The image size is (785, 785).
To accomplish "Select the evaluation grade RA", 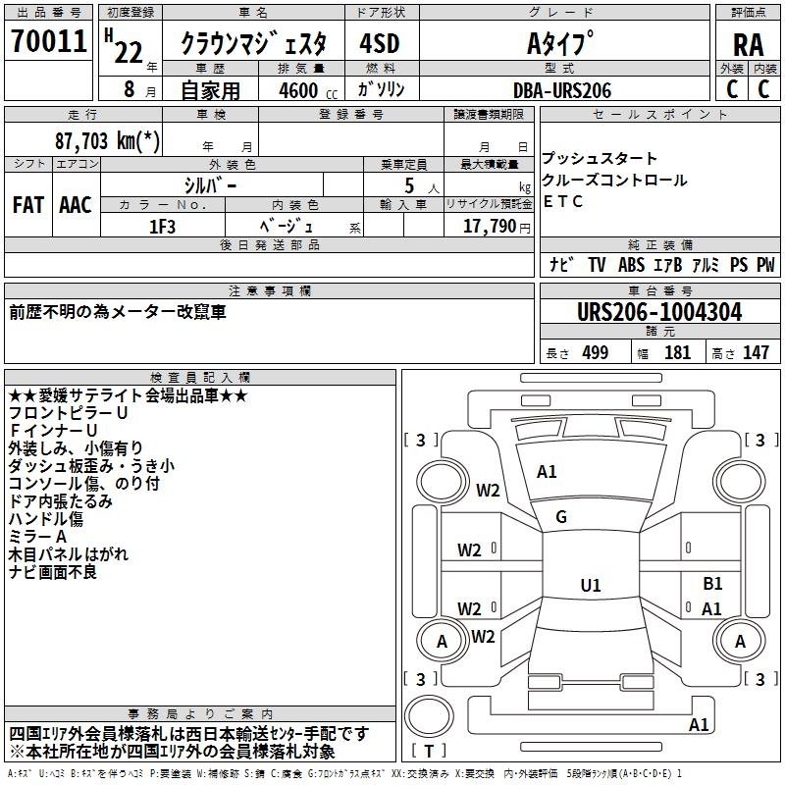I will click(748, 44).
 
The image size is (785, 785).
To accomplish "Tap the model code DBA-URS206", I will click(562, 89).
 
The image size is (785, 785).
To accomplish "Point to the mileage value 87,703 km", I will click(106, 140).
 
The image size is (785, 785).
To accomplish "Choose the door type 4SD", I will click(379, 44).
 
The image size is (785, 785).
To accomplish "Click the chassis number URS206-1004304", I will click(659, 312).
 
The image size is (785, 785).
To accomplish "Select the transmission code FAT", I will click(28, 204).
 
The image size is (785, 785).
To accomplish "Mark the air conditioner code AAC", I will click(76, 204).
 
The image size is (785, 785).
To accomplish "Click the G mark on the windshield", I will click(561, 516).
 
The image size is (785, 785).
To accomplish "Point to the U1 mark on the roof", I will click(590, 585).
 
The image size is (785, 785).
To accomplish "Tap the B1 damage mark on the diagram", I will click(712, 584).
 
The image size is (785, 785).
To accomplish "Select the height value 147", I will click(756, 352).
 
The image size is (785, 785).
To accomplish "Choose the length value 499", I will click(594, 352).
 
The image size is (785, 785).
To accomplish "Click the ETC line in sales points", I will click(563, 201).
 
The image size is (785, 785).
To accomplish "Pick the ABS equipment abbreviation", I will click(631, 264).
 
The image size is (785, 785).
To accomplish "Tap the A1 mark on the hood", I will click(547, 471).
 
